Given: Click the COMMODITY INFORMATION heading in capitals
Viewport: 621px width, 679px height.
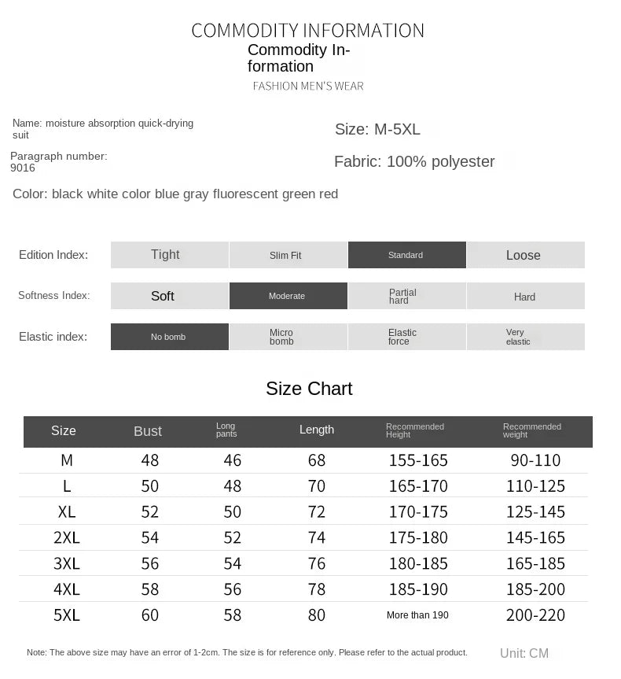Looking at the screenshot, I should coord(307,31).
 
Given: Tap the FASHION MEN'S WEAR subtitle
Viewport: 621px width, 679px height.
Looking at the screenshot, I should coord(308,86).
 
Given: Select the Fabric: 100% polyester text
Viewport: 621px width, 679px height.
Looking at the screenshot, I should coord(414,161).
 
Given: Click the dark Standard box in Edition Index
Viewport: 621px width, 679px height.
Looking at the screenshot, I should coord(406,255).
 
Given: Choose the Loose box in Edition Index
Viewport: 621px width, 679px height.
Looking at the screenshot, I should coord(525,255).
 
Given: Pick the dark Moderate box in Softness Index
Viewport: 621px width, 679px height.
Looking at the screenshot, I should coord(288,296).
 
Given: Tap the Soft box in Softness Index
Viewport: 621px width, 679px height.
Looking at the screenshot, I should coord(169,296).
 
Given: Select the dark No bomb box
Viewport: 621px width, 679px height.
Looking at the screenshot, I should coord(169,337).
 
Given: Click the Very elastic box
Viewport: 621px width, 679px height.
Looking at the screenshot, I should coord(525,337).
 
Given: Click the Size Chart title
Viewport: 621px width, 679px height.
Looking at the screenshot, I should coord(309,389).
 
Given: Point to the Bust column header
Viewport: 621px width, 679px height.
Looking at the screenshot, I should coord(148,431).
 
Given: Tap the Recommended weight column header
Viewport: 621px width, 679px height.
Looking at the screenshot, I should coord(532,430).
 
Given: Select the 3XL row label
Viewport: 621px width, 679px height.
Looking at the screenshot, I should coord(67,563).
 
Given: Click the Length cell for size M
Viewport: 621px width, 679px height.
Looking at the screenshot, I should coord(317,460).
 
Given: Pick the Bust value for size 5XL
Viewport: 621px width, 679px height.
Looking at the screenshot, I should coord(150,615).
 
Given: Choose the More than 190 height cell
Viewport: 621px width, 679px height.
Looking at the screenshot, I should coord(417,615).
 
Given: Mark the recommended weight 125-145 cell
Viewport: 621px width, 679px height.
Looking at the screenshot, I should coord(536,512).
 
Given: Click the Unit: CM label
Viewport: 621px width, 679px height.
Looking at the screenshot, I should coord(524,653).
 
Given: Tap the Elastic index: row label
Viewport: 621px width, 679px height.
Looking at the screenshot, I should coord(53,337).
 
